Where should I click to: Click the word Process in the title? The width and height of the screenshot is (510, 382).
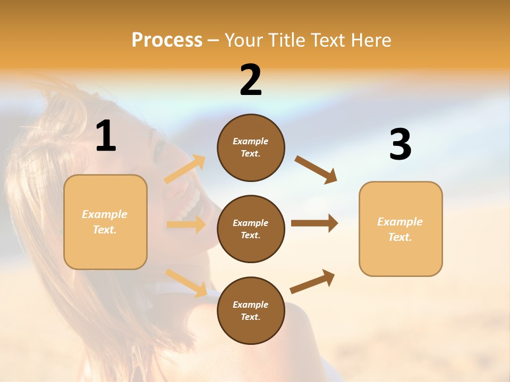click(x=167, y=40)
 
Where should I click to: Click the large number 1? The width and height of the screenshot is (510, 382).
click(x=106, y=136)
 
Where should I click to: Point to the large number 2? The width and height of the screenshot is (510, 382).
click(x=251, y=81)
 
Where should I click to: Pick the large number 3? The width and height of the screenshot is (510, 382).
click(x=400, y=145)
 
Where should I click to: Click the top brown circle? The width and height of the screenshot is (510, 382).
click(x=251, y=147)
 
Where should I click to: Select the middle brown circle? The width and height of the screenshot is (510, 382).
click(x=251, y=229)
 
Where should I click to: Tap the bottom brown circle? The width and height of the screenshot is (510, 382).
click(x=251, y=310)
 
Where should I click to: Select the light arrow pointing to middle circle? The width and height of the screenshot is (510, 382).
click(x=186, y=225)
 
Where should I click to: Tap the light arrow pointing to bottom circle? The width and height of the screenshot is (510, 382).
click(x=186, y=283)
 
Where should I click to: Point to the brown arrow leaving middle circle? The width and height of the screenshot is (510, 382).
click(x=314, y=223)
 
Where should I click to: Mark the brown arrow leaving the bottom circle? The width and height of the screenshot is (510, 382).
click(x=312, y=282)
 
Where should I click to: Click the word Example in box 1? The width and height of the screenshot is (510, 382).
click(x=105, y=214)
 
